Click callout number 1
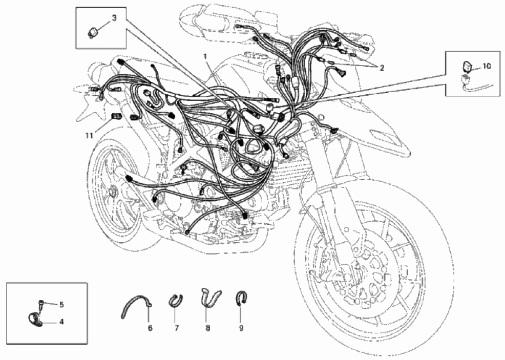205,56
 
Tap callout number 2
382,68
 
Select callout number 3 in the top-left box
114,18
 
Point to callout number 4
61,322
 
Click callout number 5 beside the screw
61,304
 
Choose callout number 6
150,328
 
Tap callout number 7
177,328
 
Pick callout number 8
208,328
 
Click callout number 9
241,328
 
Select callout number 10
487,66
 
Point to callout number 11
89,136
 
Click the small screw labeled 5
41,305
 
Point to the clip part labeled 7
176,301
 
